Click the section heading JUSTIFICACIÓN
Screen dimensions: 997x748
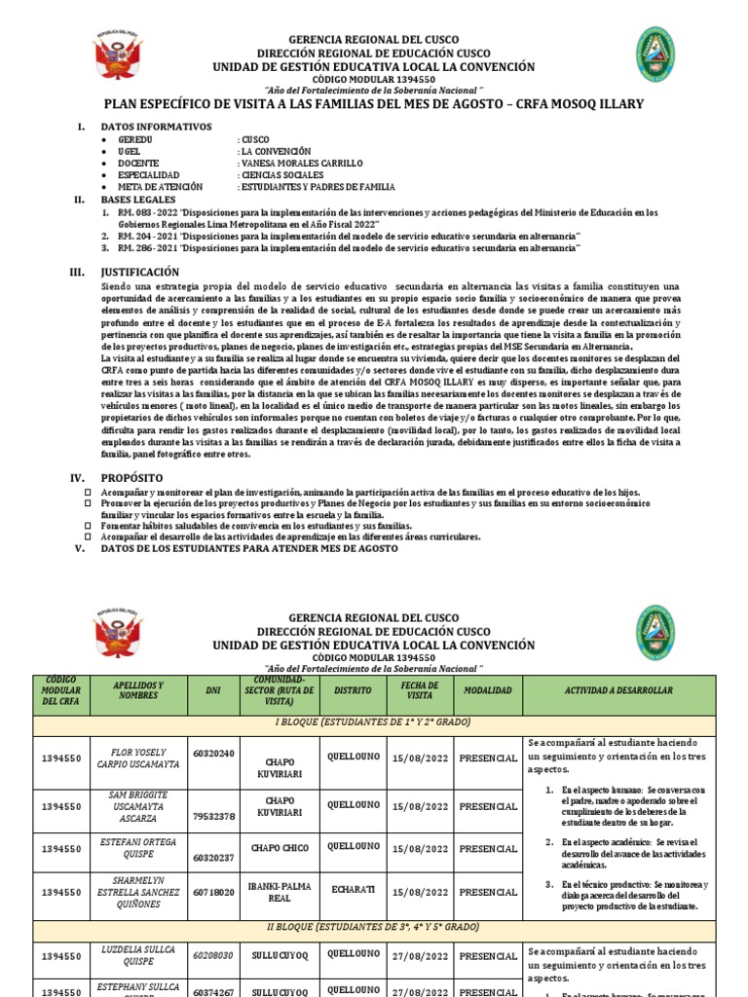[140, 272]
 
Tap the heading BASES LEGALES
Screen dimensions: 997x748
[138, 199]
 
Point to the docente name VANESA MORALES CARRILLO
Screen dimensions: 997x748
[299, 163]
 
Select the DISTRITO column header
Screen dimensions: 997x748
[353, 689]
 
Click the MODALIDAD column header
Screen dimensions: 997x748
[487, 689]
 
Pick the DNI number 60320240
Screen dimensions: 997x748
[212, 753]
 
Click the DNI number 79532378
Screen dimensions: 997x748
[212, 816]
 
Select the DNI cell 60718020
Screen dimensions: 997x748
[212, 891]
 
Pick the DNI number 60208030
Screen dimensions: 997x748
[212, 956]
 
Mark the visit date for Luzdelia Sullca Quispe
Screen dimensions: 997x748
[420, 956]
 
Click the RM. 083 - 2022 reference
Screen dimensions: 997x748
[146, 212]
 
